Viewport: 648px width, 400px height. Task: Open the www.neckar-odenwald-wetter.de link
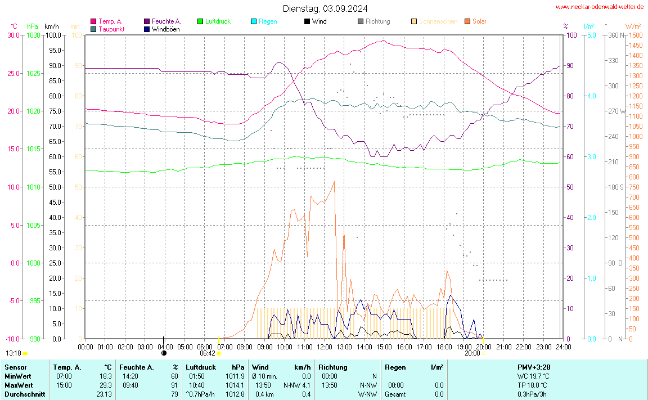tap(600, 7)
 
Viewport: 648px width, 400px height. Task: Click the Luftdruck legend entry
tap(218, 21)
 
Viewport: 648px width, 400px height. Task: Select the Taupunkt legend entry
tap(111, 29)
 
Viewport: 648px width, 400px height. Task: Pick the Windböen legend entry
tap(165, 29)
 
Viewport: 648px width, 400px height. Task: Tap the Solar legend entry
tap(479, 21)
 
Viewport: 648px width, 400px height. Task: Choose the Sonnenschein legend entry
tap(438, 21)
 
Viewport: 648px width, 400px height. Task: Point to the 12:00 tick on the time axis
tap(324, 347)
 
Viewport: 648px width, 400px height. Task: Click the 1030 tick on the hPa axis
tap(33, 35)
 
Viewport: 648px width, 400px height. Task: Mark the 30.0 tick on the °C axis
tap(13, 35)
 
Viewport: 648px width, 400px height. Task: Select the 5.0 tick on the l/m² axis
tap(591, 35)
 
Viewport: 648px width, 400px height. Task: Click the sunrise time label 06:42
tap(208, 353)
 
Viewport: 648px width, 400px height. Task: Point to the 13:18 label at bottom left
tap(13, 353)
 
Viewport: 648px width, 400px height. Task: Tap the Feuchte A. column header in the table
tap(137, 367)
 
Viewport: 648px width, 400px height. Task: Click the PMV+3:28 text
tap(533, 367)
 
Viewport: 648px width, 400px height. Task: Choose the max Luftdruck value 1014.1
tap(234, 385)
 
